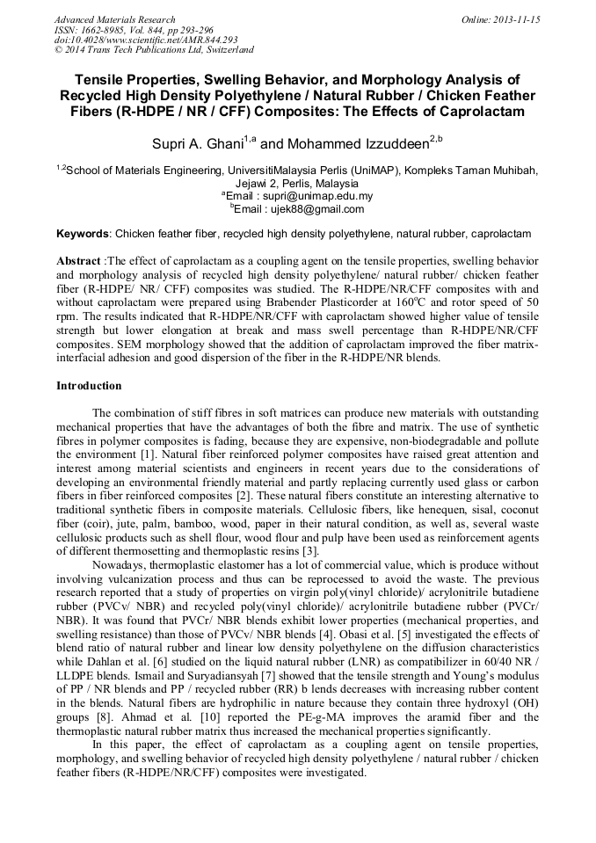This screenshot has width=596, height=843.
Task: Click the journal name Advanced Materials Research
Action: pos(114,19)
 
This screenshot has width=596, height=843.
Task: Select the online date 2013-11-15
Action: pos(516,19)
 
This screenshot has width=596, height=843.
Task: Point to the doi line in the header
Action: pos(146,40)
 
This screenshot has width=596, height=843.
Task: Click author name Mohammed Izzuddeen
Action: pos(356,142)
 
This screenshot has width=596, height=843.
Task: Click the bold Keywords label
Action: pos(84,235)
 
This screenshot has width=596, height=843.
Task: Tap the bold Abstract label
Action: pos(78,263)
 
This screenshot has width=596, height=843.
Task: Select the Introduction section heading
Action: pos(89,386)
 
